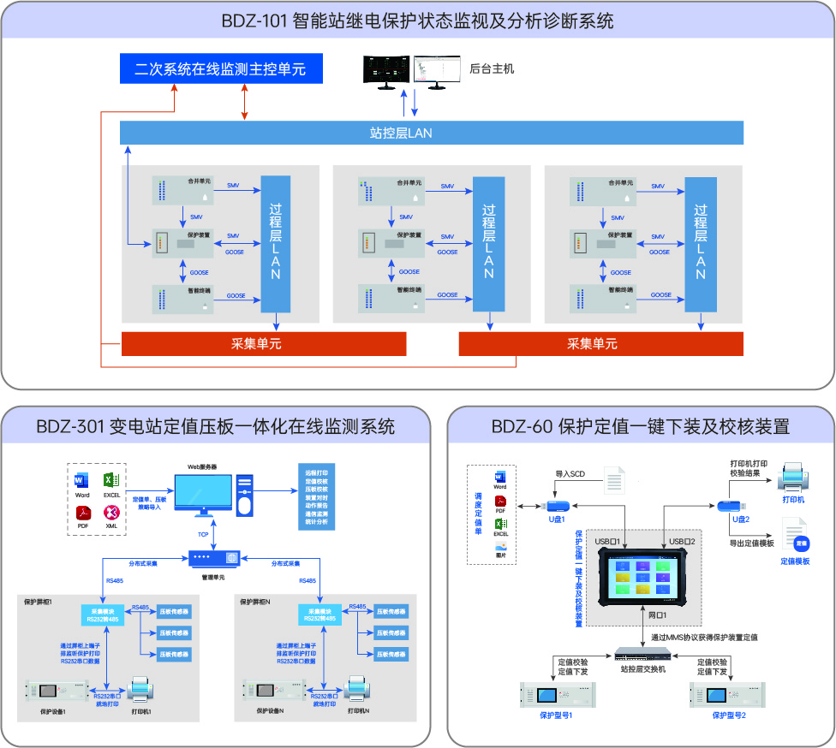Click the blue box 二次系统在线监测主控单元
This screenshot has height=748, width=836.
click(220, 68)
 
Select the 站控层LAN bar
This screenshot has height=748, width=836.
click(431, 133)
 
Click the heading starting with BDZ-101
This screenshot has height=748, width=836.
click(417, 21)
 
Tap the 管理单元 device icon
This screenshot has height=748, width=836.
click(213, 558)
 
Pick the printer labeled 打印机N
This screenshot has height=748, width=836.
click(358, 690)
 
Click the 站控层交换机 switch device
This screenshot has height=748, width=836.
click(642, 655)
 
